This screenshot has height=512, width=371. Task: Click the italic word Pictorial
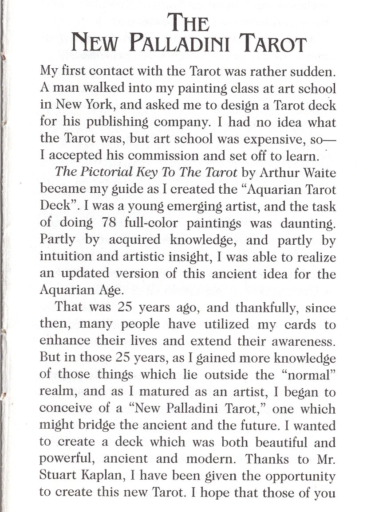point(103,172)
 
